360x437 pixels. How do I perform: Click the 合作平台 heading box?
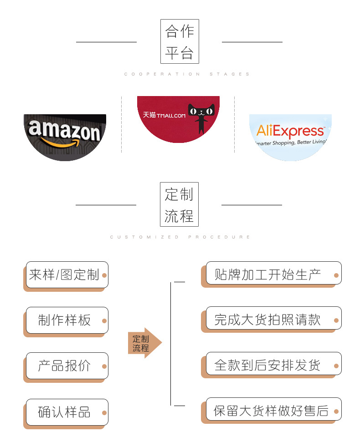[x=180, y=41]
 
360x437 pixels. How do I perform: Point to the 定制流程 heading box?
[x=179, y=204]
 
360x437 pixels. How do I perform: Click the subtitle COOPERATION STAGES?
[x=187, y=74]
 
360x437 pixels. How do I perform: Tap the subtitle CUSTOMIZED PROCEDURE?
[x=180, y=237]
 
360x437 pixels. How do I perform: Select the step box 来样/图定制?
[x=67, y=275]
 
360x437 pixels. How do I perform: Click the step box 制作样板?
[x=67, y=320]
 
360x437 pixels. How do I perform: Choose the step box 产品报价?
[x=67, y=366]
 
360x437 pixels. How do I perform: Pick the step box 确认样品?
[x=67, y=412]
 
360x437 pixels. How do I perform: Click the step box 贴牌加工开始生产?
[x=273, y=274]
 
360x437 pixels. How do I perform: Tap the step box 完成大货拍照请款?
[x=273, y=320]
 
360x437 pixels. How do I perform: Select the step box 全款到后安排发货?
[x=273, y=365]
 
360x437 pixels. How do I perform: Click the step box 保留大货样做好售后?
[x=273, y=411]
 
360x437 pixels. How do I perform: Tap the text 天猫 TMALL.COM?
[x=165, y=115]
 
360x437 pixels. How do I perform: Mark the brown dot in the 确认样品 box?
[x=104, y=413]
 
